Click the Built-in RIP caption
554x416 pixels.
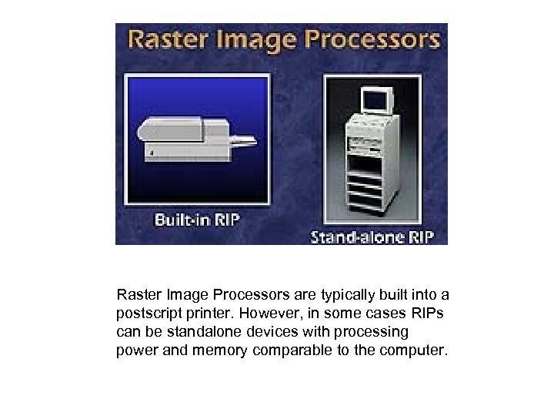(x=197, y=219)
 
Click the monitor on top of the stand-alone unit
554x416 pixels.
(x=379, y=98)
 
